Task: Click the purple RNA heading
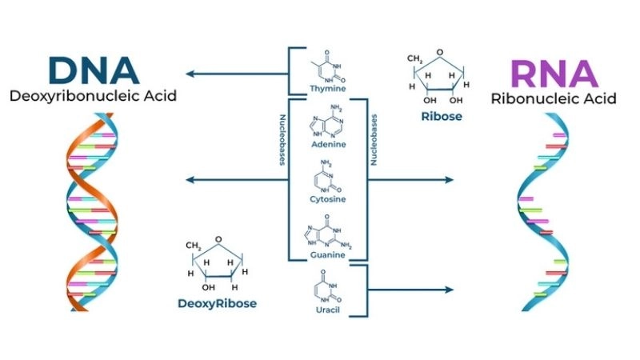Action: [554, 74]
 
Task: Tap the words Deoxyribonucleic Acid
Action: [94, 98]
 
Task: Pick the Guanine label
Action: [328, 254]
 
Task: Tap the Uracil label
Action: [328, 308]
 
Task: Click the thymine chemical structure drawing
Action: [326, 66]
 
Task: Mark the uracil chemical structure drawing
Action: [329, 286]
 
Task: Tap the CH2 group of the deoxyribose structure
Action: [194, 246]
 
